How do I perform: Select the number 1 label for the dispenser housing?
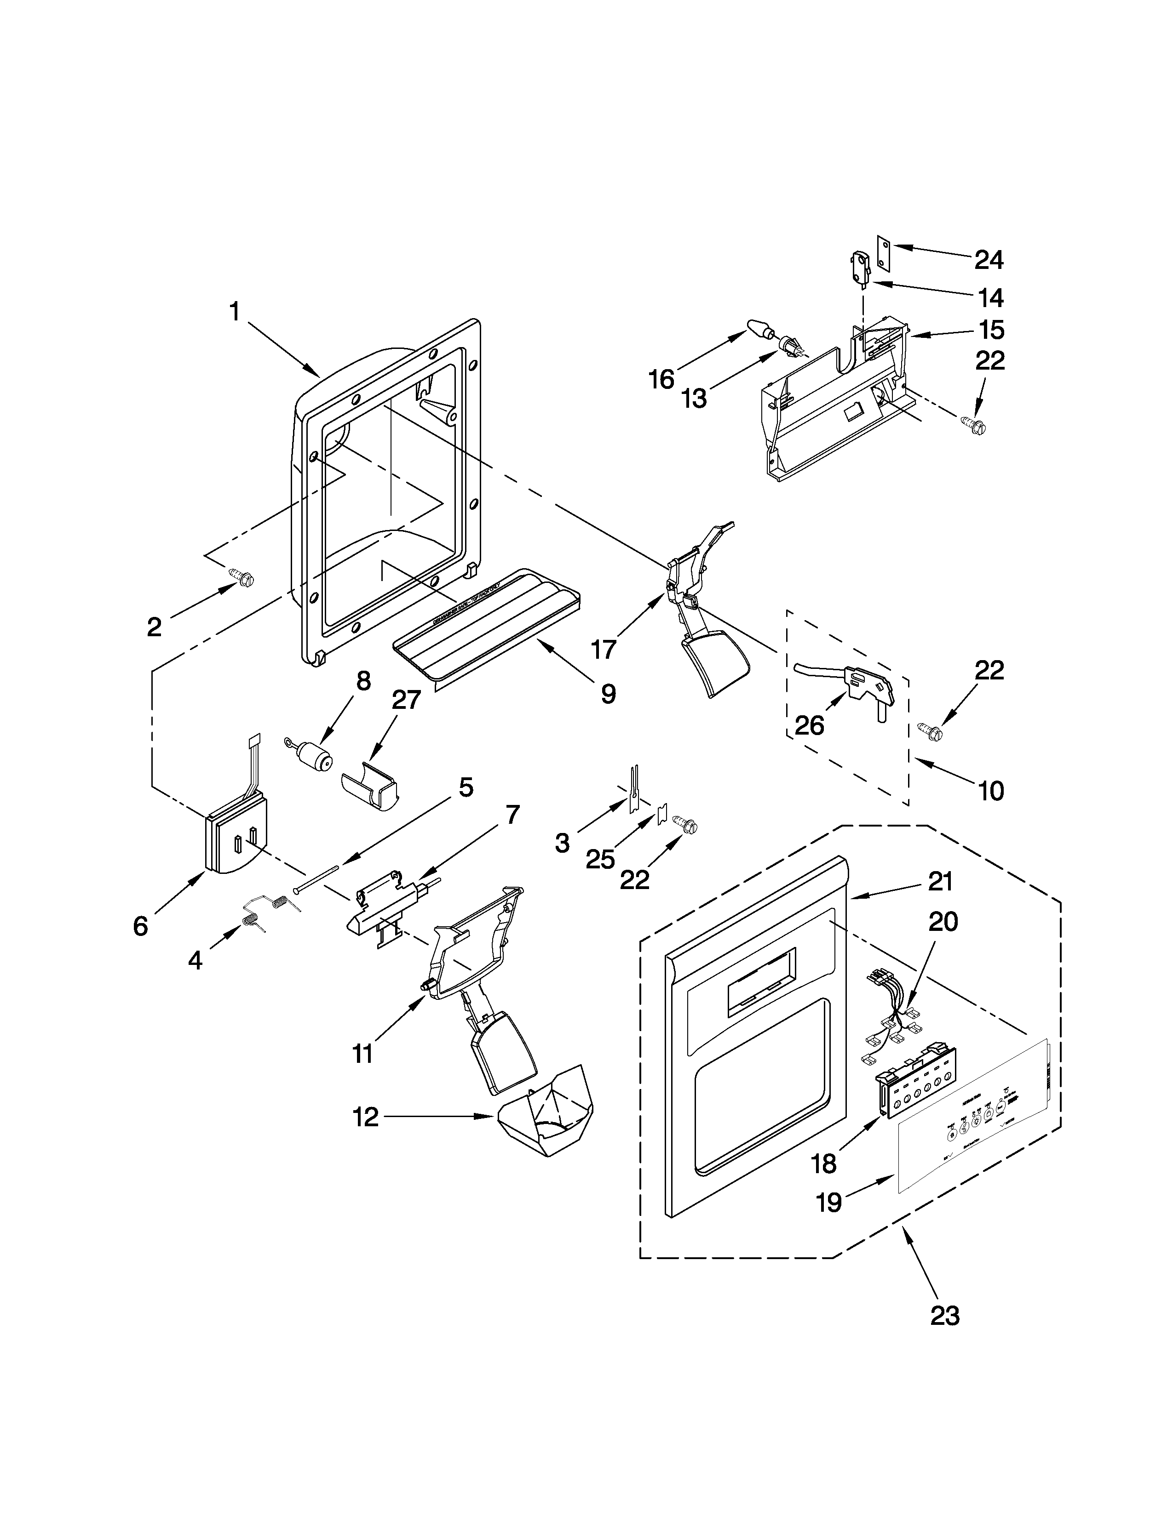pos(235,312)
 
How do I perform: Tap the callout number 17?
pos(603,650)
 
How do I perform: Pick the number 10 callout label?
pos(991,791)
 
